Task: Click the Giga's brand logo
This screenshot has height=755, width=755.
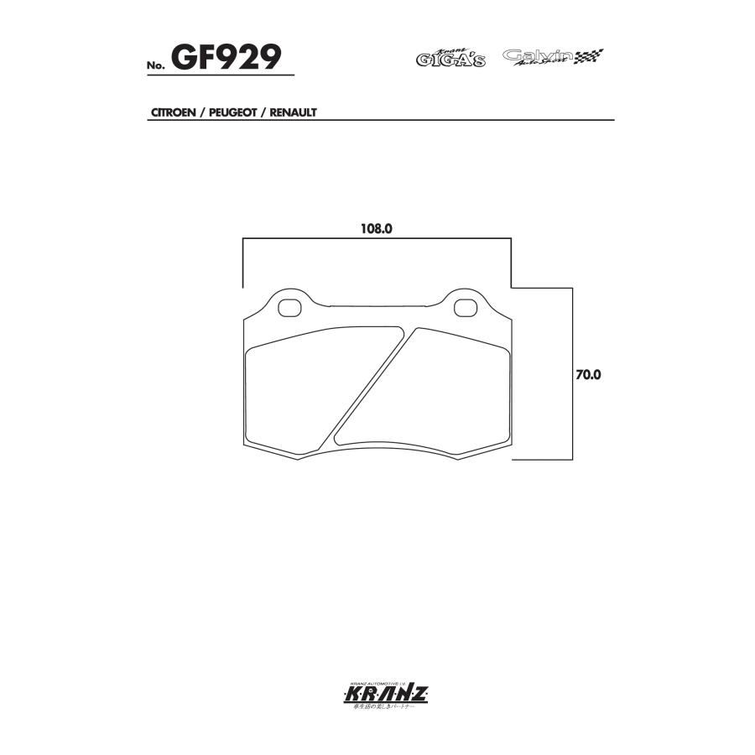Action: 450,59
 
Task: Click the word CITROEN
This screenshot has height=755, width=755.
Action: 172,112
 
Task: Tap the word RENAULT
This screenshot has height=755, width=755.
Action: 292,112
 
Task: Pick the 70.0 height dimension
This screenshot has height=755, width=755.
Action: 588,375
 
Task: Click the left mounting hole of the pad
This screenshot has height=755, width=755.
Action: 289,307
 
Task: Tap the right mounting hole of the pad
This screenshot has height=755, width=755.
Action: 464,307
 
